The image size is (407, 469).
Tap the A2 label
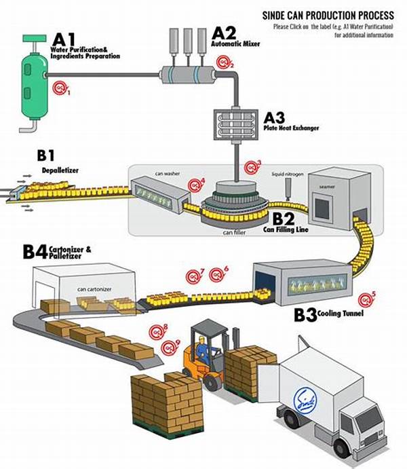(224, 32)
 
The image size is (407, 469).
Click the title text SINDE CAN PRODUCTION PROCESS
(328, 15)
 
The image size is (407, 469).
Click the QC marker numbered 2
(223, 63)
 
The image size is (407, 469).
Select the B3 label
(309, 315)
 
